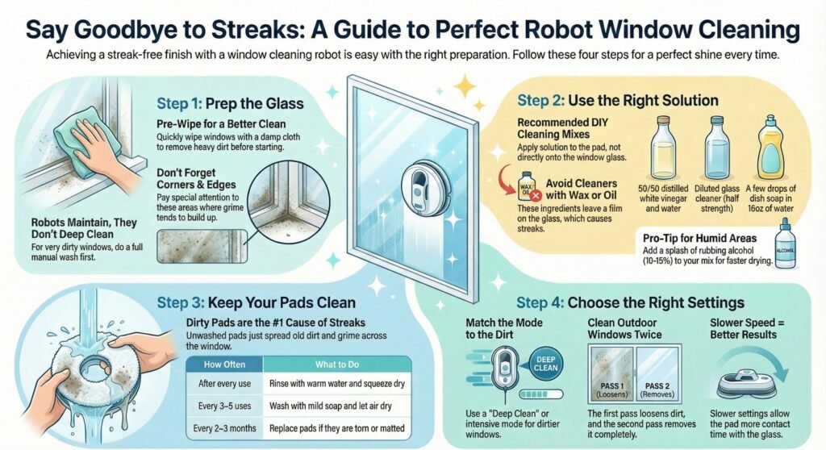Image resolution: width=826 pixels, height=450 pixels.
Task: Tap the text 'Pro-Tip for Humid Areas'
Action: pyautogui.click(x=700, y=237)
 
